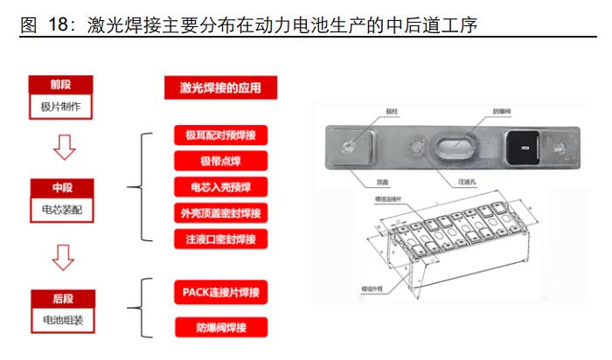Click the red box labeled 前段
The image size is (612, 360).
(x=60, y=85)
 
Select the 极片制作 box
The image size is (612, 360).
(x=60, y=107)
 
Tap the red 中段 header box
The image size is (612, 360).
(x=60, y=189)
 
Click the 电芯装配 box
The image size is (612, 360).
(x=60, y=210)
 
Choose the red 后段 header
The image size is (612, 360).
(x=60, y=298)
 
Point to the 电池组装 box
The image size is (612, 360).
(x=60, y=320)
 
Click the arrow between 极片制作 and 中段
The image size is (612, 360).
(x=61, y=148)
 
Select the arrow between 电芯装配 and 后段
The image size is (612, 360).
(x=61, y=256)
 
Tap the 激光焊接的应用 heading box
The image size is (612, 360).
(x=220, y=87)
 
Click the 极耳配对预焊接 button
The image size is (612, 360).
(x=220, y=135)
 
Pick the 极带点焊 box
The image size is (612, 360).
(x=220, y=161)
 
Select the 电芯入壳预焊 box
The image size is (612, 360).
(x=220, y=187)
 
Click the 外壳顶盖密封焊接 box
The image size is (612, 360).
(x=220, y=213)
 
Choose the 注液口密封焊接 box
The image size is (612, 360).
(x=220, y=239)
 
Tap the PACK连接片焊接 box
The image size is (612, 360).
(x=220, y=291)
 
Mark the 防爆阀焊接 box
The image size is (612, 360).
(x=220, y=328)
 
